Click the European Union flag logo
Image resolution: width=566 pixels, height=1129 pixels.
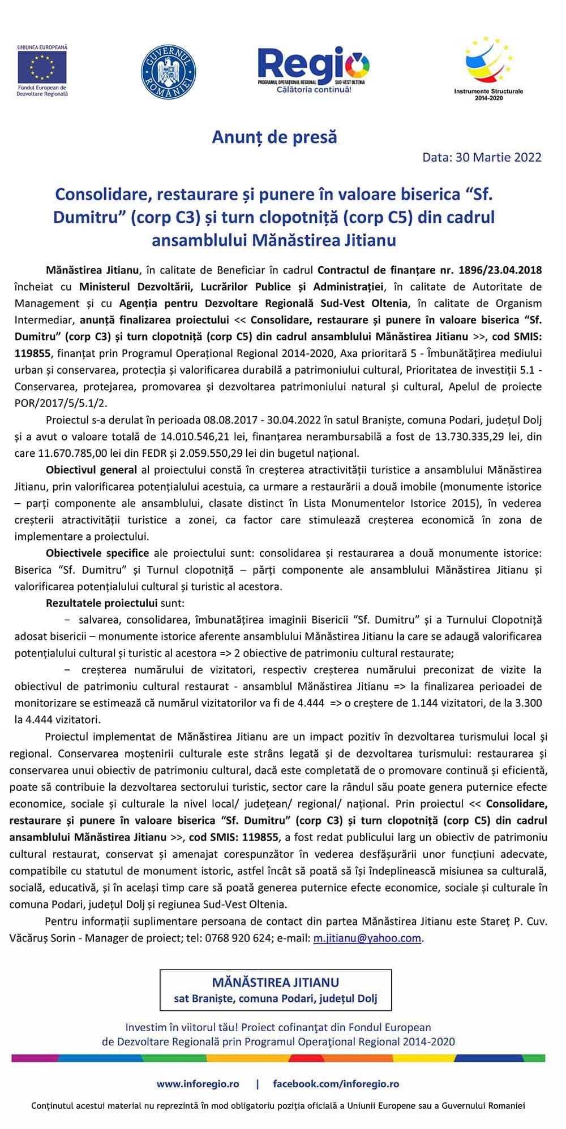tap(42, 66)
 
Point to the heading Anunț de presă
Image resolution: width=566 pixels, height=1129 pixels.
tap(275, 137)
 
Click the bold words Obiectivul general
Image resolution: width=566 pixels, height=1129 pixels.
tap(91, 470)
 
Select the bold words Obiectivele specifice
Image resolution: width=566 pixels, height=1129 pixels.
tap(97, 553)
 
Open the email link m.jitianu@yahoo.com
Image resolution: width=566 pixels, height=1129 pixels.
tap(367, 938)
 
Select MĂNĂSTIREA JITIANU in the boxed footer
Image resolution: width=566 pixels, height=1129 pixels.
tap(276, 982)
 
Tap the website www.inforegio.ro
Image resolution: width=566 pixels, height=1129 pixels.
tap(198, 1084)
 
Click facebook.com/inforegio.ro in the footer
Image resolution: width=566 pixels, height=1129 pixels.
tap(336, 1084)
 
